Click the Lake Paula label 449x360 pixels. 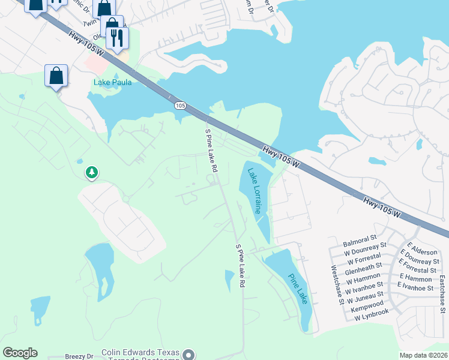pos(112,82)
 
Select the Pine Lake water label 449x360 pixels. pos(298,289)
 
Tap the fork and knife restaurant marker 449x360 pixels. pos(117,38)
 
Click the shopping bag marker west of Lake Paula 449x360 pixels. pos(56,76)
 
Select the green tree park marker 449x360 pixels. pos(91,173)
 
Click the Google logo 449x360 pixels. pos(20,353)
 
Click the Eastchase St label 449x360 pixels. pos(442,294)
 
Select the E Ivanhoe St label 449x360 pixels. pos(417,288)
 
